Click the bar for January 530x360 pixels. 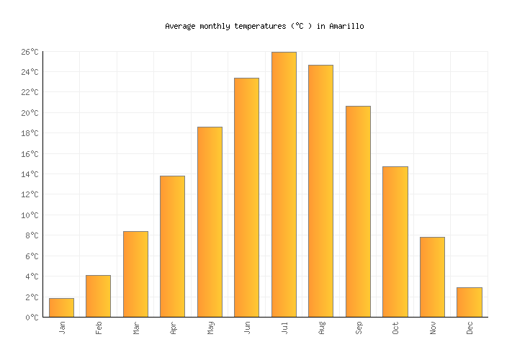[x=61, y=307]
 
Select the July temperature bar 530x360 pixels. [x=284, y=184]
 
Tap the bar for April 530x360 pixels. [x=172, y=246]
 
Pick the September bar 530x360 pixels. [x=358, y=211]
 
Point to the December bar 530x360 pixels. [x=469, y=302]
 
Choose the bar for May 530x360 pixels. [x=210, y=222]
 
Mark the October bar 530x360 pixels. [x=395, y=241]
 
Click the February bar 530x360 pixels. [x=98, y=296]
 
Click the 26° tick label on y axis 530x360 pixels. [x=30, y=52]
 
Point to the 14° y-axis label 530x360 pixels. [x=30, y=174]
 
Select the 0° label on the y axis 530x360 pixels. [x=32, y=318]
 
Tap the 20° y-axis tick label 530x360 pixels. [x=30, y=113]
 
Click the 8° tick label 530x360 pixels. [x=32, y=235]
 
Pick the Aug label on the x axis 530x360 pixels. [x=321, y=328]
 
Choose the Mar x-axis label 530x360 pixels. [x=136, y=328]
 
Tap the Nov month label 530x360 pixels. [x=433, y=328]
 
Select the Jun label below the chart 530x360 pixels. [x=247, y=328]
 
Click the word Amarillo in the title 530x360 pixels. [x=346, y=26]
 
